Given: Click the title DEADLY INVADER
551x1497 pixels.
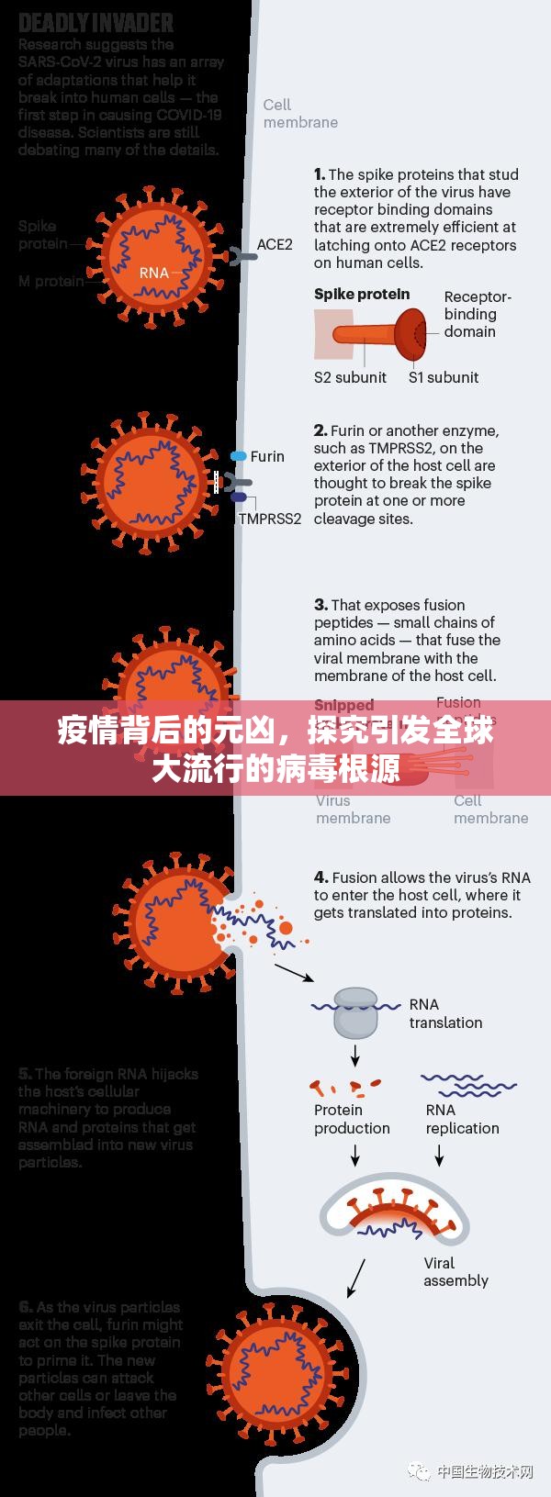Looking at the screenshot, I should coord(96,21).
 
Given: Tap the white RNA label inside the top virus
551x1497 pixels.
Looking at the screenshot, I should coord(154,273).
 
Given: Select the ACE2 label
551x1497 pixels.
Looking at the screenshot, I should coord(275,244).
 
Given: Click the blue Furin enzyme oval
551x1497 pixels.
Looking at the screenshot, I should coord(239,456).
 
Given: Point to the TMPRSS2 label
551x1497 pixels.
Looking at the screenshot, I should coord(270,519).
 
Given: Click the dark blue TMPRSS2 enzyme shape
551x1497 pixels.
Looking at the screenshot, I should coord(239,497).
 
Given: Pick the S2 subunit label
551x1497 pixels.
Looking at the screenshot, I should coord(350,377).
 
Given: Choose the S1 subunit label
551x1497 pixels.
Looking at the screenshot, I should coord(444,377).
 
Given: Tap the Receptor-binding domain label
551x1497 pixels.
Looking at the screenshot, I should coord(477,314).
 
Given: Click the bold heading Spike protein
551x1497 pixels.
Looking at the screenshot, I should coord(362,295).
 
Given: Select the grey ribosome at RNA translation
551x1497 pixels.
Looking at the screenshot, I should coord(354,1012).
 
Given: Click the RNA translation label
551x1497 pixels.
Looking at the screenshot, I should coord(445,1013).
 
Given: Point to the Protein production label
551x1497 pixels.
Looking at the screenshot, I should coord(352,1119).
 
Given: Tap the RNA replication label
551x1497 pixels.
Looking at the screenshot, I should coord(462,1119).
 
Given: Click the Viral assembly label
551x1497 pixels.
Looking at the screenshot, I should coord(455,1271).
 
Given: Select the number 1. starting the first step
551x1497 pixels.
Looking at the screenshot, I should coord(319,174).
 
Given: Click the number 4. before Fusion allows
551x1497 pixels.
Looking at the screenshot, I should coord(320,877).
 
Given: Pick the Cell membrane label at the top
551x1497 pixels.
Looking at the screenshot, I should coord(300,114).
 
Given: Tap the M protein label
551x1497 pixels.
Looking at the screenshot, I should coord(51,281).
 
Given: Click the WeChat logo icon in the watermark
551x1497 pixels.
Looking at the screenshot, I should coord(420,1472).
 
